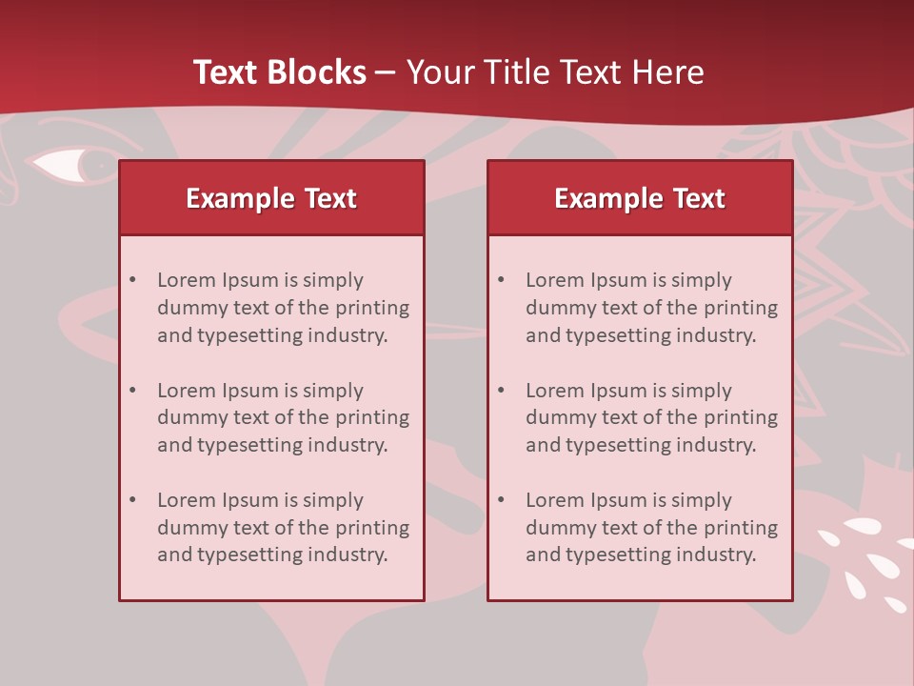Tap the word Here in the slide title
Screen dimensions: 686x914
667,72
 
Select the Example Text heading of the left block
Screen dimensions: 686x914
271,198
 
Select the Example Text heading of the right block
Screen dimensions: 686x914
640,198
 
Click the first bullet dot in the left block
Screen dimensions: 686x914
133,280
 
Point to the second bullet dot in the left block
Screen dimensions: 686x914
133,391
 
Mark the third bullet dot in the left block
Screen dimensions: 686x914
133,500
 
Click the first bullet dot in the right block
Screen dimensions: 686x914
502,280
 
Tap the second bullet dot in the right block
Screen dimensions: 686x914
502,391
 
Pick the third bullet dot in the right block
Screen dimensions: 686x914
502,500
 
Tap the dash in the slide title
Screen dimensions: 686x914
386,72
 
